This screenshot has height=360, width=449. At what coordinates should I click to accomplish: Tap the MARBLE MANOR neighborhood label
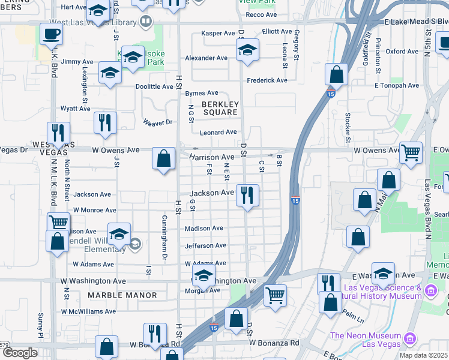tap(122, 295)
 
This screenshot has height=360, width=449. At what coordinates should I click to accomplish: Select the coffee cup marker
tap(51, 34)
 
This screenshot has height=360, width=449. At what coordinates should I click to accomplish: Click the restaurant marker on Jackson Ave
tap(247, 194)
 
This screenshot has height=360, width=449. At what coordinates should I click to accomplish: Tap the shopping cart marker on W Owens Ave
tap(411, 152)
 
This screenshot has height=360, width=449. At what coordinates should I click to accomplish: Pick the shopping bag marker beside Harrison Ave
tap(163, 159)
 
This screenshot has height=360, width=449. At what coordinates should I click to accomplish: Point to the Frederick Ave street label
tap(267, 80)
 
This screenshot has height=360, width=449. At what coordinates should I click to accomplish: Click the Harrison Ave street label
tap(211, 157)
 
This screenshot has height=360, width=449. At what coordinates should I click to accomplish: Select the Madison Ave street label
tap(204, 228)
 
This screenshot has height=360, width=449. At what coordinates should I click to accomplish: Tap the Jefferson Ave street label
tap(206, 245)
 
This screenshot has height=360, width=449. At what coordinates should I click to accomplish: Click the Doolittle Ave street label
tap(154, 86)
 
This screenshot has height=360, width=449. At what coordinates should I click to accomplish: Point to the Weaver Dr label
tap(157, 122)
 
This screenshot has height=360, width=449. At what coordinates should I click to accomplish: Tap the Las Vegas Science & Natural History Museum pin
tap(430, 291)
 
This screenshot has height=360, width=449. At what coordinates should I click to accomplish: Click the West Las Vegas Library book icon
tap(145, 23)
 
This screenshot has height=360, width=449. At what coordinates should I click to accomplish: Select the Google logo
tap(20, 353)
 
